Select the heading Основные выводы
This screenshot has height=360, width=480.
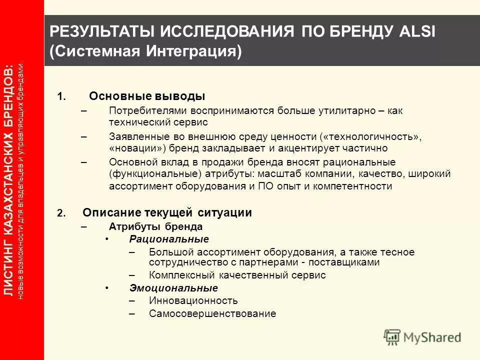(147, 96)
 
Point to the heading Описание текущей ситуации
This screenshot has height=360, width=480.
(167, 212)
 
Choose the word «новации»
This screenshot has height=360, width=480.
(137, 148)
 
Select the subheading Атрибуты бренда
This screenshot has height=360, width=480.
(155, 226)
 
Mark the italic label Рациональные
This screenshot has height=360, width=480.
(169, 239)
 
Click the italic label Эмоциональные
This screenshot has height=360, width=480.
(173, 288)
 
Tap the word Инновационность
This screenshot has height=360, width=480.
(193, 301)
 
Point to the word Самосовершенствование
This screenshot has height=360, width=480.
(212, 314)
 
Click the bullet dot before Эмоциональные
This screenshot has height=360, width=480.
(107, 288)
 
